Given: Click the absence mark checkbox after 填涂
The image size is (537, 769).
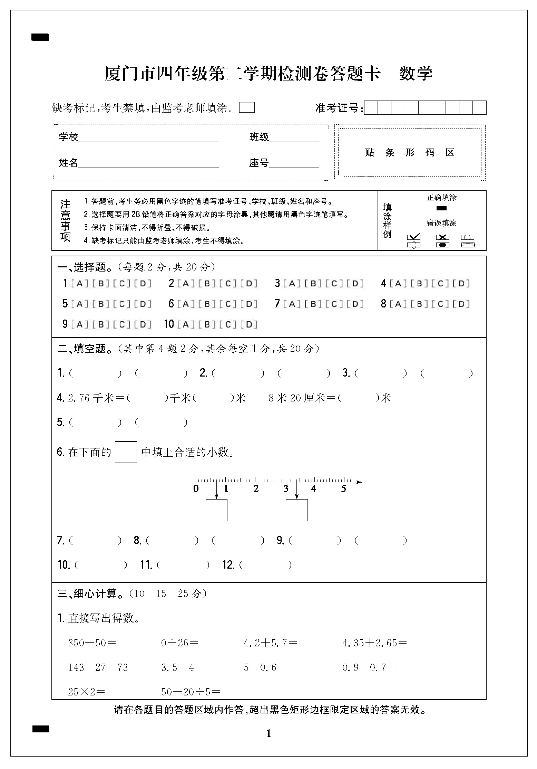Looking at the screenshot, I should [x=247, y=108].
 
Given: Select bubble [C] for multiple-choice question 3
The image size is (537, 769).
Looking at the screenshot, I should [x=334, y=284].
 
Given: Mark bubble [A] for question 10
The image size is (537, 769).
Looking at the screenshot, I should [x=186, y=324].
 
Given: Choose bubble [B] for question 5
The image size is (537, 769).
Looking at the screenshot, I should [x=101, y=304].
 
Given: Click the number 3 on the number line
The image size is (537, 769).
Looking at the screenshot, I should [x=286, y=488].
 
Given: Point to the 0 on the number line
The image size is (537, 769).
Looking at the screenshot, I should [x=196, y=488].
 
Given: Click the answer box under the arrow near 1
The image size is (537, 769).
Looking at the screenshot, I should [x=216, y=510].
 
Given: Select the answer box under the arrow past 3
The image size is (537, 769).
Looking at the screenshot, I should [x=296, y=510].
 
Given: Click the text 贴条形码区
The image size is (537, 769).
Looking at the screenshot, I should [x=410, y=152].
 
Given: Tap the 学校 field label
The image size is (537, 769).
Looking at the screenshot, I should [x=69, y=137].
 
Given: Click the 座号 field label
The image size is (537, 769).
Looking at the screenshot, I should [x=259, y=163].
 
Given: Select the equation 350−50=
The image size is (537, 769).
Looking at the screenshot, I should [x=92, y=643].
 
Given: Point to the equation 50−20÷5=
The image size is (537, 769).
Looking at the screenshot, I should [x=191, y=692].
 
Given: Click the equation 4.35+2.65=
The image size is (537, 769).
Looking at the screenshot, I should [x=374, y=643].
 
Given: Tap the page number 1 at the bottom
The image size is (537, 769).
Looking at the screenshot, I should [x=269, y=733].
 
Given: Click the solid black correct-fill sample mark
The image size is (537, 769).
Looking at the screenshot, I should [x=441, y=208].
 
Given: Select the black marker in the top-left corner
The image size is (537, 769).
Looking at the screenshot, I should [x=40, y=37].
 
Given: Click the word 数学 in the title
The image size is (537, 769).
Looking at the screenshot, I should [x=416, y=74].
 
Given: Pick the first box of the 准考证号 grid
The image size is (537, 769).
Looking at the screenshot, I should [x=371, y=108].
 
